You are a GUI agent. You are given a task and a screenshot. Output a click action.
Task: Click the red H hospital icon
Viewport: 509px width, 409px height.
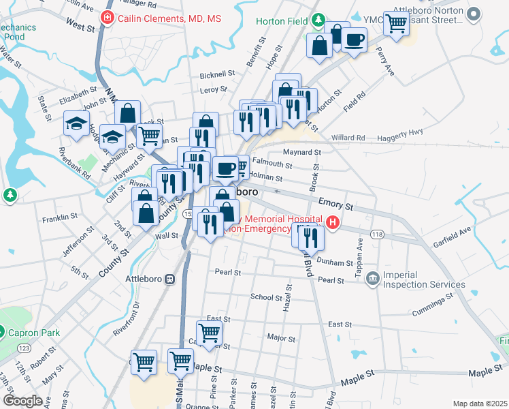pyautogui.click(x=332, y=222)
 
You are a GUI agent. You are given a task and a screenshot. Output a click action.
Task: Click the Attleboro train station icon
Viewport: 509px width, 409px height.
pyautogui.click(x=169, y=279)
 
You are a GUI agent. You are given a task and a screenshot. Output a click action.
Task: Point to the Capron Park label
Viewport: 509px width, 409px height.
pyautogui.click(x=34, y=333)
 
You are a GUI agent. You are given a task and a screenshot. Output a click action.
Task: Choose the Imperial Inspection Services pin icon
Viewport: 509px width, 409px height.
pyautogui.click(x=372, y=277)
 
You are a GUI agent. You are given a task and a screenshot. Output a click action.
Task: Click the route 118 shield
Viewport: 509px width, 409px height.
pyautogui.click(x=377, y=234)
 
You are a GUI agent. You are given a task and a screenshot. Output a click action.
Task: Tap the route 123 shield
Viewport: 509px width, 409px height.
pyautogui.click(x=24, y=348)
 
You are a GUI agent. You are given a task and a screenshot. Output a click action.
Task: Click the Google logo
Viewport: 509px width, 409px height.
pyautogui.click(x=23, y=400)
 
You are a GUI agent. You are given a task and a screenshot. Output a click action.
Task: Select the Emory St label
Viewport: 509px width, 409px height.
pyautogui.click(x=336, y=204)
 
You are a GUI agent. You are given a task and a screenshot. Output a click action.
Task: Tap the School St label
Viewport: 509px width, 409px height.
pyautogui.click(x=266, y=297)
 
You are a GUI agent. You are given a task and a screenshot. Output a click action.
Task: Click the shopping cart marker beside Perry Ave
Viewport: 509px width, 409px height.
pyautogui.click(x=395, y=23)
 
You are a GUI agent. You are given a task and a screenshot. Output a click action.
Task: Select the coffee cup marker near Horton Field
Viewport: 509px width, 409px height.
pyautogui.click(x=354, y=40)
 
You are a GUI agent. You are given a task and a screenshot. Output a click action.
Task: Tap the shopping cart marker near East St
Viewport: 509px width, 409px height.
pyautogui.click(x=209, y=332)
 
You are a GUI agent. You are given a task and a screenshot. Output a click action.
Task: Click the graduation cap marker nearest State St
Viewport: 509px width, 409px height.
pyautogui.click(x=76, y=123)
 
